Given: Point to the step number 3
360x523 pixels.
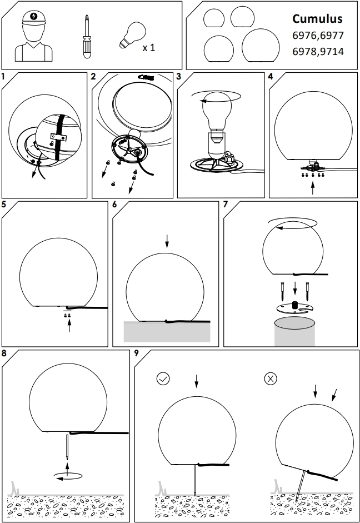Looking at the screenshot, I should (x=179, y=76).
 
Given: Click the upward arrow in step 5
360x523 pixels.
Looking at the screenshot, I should (x=69, y=326).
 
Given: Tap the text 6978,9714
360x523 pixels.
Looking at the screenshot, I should (x=317, y=52).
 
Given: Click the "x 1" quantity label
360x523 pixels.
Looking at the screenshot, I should (x=148, y=48).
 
